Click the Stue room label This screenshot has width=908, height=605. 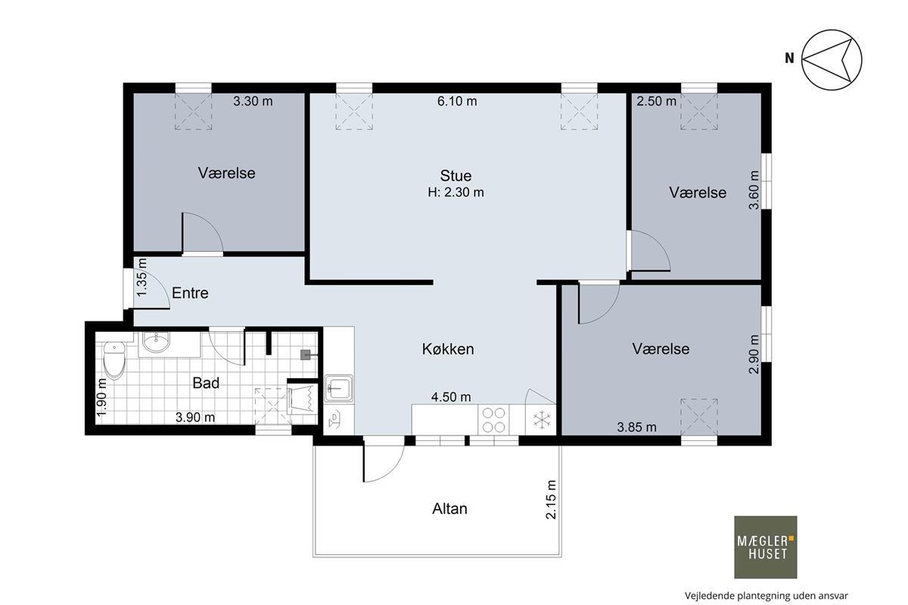click(x=456, y=175)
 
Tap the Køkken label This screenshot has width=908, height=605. click(x=448, y=349)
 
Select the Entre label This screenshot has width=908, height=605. click(x=190, y=293)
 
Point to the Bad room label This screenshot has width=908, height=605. click(x=206, y=383)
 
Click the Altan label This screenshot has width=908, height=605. click(x=449, y=508)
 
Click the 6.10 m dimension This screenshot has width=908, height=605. click(x=457, y=101)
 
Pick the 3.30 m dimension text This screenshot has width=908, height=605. click(x=253, y=101)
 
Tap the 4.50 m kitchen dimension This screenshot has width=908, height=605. click(x=451, y=397)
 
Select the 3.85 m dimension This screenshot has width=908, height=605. click(x=637, y=427)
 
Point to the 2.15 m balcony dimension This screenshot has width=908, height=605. click(x=551, y=500)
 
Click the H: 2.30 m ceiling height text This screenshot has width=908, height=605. click(x=456, y=192)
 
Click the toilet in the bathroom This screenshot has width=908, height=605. click(x=114, y=360)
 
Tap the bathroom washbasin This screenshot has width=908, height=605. click(x=156, y=343)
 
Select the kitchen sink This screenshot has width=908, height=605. click(x=338, y=388)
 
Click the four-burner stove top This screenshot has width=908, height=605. click(x=493, y=420)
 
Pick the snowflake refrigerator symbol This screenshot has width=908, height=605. click(x=542, y=420)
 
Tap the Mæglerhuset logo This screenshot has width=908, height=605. click(x=765, y=547)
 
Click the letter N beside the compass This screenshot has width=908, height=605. click(x=789, y=58)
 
